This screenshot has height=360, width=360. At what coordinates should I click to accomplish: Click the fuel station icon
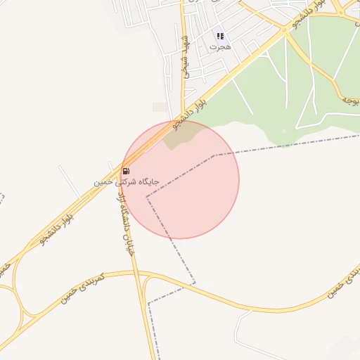click(x=126, y=171)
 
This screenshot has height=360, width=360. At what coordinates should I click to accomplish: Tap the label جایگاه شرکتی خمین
click(x=127, y=181)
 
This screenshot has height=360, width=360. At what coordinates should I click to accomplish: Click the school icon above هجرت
click(x=220, y=35)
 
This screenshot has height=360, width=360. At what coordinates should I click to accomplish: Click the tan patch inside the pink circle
click(x=180, y=137)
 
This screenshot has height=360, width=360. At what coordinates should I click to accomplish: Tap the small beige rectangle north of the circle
click(x=160, y=108)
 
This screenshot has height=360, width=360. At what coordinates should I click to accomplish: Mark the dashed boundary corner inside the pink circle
click(x=147, y=198)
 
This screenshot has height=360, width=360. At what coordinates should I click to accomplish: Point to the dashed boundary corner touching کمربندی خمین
click(x=195, y=283)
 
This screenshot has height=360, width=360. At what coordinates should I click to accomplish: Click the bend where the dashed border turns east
click(x=214, y=155)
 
